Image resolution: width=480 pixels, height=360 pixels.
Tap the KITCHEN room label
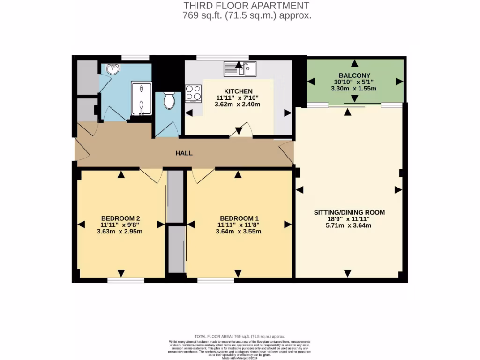tap(238, 91)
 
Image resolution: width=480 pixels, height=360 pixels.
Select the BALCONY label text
tap(354, 75)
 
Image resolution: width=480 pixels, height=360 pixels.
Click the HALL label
tap(184, 153)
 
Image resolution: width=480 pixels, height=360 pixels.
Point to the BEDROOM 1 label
tap(239, 218)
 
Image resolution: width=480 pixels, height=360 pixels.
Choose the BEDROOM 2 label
tap(120, 218)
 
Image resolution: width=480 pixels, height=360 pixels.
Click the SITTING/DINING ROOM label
tap(349, 212)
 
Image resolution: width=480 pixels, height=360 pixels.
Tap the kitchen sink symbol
tap(240, 69)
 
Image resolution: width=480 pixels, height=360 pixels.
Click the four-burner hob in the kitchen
tap(193, 93)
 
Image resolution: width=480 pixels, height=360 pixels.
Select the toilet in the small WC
tap(169, 100)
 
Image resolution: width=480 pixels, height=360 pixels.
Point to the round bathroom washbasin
tap(112, 69)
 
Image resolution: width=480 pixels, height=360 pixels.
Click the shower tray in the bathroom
tap(141, 98)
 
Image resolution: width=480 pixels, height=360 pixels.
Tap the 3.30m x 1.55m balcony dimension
tap(354, 88)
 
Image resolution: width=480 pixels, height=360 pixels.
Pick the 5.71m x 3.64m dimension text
tap(349, 225)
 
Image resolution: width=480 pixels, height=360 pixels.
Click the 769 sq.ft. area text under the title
tap(247, 15)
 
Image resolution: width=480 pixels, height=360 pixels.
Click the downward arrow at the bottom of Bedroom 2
tap(121, 273)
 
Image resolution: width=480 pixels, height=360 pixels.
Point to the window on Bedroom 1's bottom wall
tap(216, 280)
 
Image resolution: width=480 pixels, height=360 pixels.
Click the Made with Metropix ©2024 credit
tap(240, 358)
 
